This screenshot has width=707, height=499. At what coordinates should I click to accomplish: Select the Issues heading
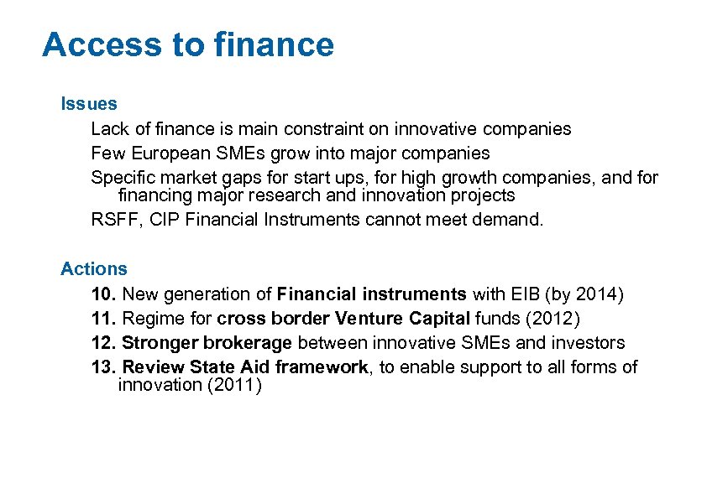tap(89, 104)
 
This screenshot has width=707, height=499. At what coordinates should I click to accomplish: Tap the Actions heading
tap(94, 269)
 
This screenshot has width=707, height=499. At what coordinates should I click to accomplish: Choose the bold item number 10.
tap(104, 294)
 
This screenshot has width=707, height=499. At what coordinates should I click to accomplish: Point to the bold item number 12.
tap(104, 343)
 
